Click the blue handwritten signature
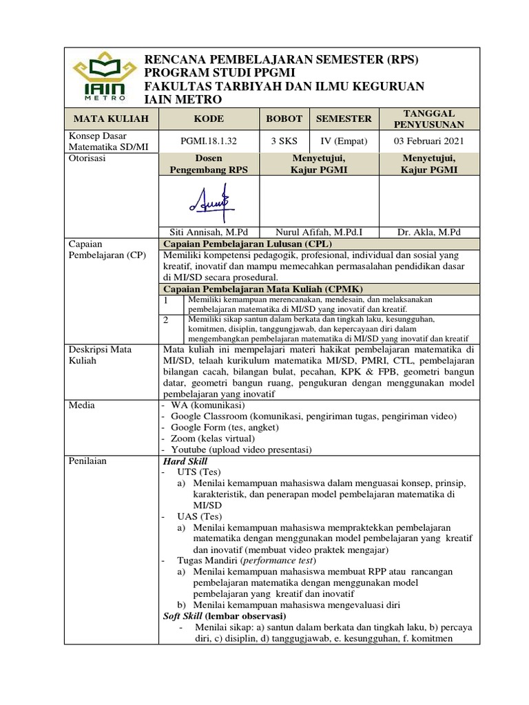(x=207, y=200)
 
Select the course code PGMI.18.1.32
(x=209, y=141)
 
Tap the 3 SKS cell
(x=284, y=141)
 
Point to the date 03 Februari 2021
(x=422, y=141)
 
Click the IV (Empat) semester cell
(x=344, y=141)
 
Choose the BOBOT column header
(x=284, y=118)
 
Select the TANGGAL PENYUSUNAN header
(x=422, y=118)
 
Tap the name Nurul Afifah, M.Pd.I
(x=313, y=231)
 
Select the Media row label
(x=82, y=405)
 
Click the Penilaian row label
(x=87, y=461)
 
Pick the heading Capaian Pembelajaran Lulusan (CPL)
(x=247, y=244)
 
